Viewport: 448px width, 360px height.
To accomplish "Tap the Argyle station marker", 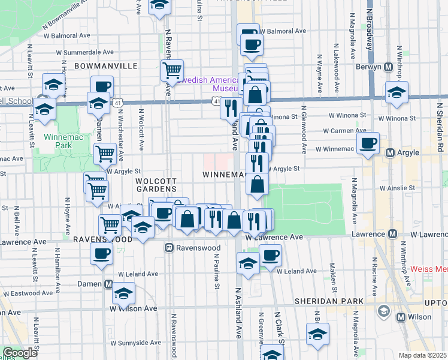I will tap(389, 153).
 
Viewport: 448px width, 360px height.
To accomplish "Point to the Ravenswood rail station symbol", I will tap(169, 247).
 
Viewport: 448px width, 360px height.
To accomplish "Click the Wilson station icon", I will tap(400, 316).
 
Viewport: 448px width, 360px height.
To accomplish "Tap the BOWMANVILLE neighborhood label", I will tap(105, 65).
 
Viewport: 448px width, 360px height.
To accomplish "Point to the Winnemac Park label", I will tap(59, 142).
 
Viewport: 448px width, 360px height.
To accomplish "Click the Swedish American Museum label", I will tap(210, 83).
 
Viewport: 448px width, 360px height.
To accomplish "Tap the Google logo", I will tap(19, 353).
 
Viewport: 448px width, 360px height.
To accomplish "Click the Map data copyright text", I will tap(423, 355).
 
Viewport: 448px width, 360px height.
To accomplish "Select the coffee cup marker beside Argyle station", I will tap(368, 143).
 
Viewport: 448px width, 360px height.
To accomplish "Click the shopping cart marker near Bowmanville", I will tap(172, 70).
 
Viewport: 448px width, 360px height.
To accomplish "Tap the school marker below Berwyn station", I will tap(396, 92).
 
